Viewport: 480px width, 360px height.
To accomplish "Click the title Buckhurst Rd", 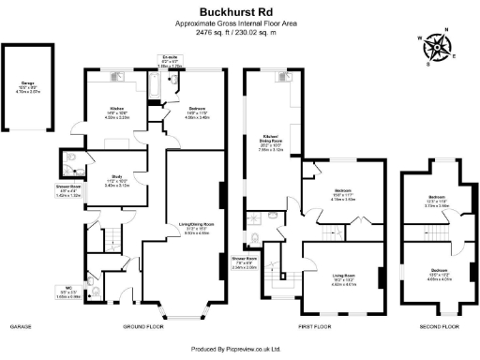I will click(x=239, y=11).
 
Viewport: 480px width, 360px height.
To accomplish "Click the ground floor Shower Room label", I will click(x=64, y=191).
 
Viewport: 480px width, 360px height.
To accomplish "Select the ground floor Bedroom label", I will click(x=197, y=112).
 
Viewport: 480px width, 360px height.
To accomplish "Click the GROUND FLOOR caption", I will click(x=142, y=327).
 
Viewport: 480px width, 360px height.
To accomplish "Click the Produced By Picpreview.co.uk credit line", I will click(x=239, y=348).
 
